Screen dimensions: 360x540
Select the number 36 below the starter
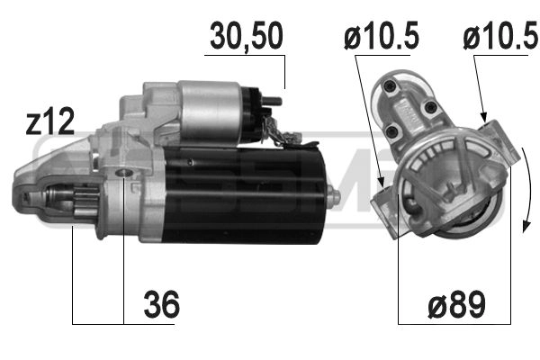[161, 305]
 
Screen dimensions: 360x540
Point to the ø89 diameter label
[454, 305]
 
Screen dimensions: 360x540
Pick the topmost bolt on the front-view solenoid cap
[390, 87]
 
